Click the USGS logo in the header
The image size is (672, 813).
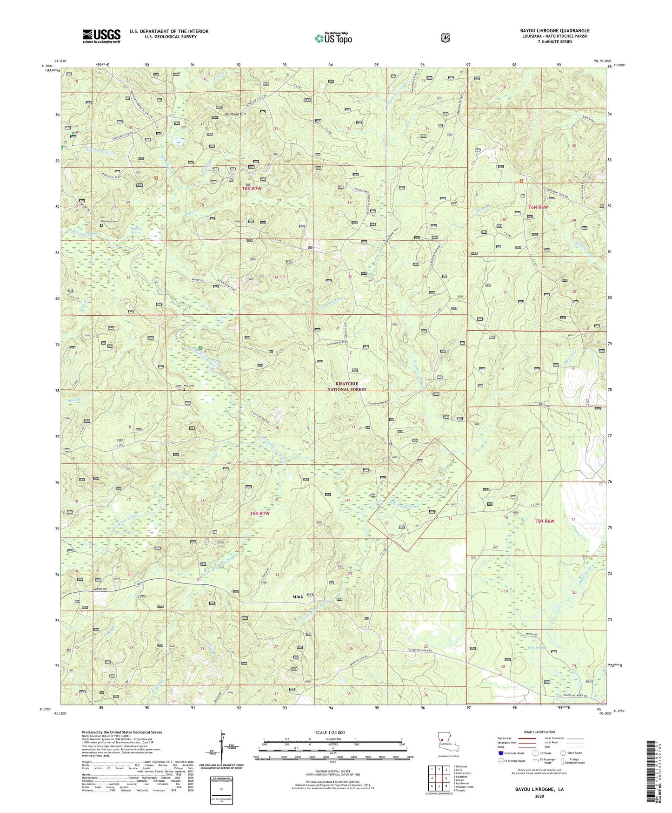coord(101,36)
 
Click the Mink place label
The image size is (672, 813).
coord(298,596)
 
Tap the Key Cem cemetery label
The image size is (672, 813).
coord(187,386)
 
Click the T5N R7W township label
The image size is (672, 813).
coord(259,513)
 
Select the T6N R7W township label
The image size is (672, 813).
coord(252,189)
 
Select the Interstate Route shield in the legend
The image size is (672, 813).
coord(500,753)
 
